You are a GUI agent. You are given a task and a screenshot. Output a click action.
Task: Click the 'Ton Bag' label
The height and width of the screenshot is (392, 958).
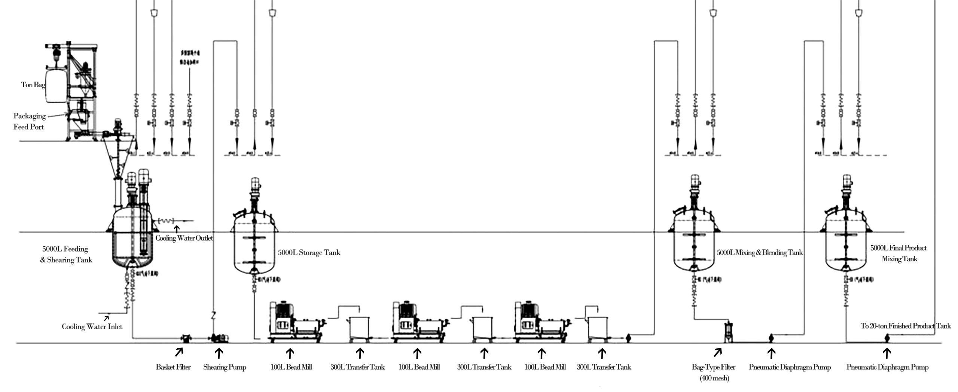(x=33, y=85)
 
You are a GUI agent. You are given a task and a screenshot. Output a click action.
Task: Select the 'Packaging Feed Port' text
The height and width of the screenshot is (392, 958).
(x=29, y=121)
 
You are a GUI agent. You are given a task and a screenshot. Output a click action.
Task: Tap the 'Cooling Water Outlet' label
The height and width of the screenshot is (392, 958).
(x=184, y=238)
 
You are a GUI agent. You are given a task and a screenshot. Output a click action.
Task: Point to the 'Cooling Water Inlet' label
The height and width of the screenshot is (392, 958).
(x=92, y=326)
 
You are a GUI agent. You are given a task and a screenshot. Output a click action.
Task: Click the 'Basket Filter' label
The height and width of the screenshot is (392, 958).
(x=173, y=367)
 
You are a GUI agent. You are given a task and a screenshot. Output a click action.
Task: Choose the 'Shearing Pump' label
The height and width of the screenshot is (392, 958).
(x=225, y=367)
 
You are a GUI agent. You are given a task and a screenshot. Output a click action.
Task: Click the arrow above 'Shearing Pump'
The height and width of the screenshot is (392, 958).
(x=219, y=353)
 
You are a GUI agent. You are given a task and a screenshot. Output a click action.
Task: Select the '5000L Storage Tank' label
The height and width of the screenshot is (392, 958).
(x=309, y=252)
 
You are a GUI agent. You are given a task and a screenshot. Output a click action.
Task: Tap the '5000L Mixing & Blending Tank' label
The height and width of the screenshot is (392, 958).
(x=760, y=252)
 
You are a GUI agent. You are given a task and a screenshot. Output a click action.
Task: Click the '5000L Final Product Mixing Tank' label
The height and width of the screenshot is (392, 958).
(x=898, y=253)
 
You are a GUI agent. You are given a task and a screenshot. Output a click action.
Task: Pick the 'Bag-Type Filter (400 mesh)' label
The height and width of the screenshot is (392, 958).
(x=714, y=372)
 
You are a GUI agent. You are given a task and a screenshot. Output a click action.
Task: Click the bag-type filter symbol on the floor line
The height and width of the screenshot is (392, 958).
(x=728, y=332)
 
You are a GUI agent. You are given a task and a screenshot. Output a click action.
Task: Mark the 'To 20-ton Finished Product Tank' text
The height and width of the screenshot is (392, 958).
(x=906, y=326)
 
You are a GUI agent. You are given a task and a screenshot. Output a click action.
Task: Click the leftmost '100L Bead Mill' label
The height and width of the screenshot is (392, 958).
(x=291, y=367)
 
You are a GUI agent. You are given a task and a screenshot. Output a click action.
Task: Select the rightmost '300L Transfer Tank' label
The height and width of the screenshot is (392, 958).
(x=604, y=367)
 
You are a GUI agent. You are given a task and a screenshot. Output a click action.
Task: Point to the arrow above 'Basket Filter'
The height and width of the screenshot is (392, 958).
(x=179, y=352)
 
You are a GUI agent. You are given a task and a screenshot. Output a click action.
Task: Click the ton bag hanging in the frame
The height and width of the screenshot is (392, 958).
(x=55, y=84)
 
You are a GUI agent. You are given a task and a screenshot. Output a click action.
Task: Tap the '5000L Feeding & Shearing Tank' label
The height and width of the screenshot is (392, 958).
(x=66, y=254)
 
